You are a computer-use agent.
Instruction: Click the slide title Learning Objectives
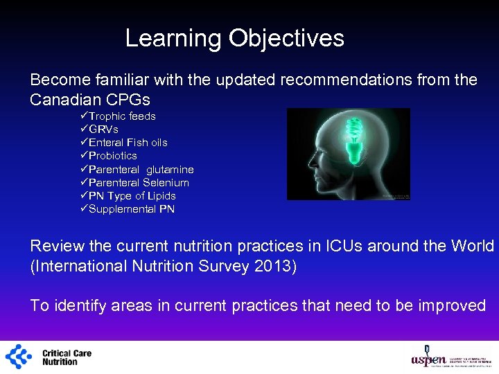click(x=234, y=38)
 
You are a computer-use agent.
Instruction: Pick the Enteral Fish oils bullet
click(x=128, y=143)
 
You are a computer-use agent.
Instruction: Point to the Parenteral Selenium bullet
click(x=139, y=183)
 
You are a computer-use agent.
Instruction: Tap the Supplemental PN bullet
click(x=132, y=209)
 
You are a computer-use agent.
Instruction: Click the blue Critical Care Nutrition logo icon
click(x=19, y=357)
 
